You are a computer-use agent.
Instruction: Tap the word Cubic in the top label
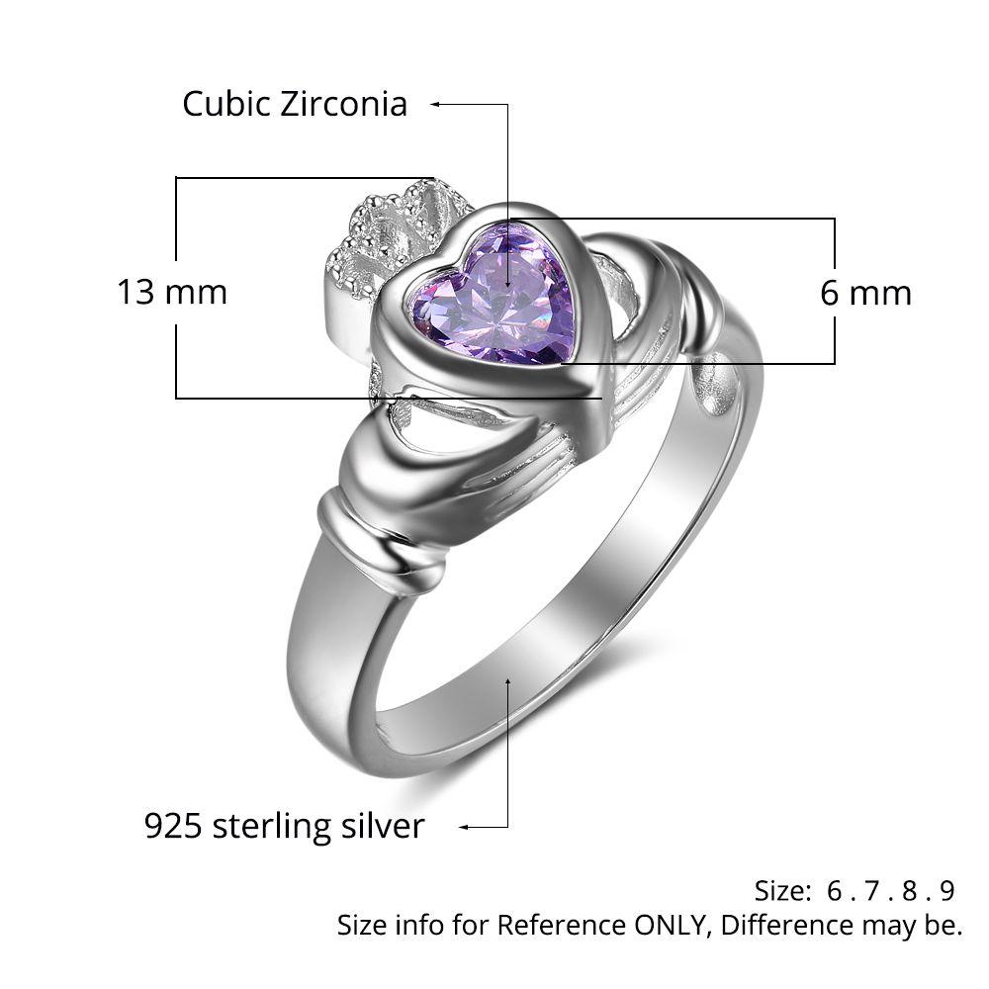[x=226, y=104]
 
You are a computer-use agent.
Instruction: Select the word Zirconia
[x=344, y=104]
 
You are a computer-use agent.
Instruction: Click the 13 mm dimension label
[x=172, y=292]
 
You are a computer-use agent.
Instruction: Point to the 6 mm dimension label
[x=866, y=293]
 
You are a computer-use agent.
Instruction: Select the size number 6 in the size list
[x=835, y=891]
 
